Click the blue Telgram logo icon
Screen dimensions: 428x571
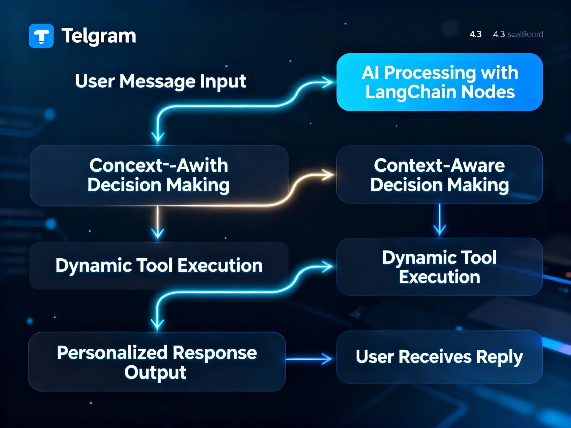point(41,36)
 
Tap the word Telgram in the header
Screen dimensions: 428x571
point(99,36)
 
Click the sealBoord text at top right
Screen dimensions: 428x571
point(525,34)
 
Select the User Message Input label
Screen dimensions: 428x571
point(160,81)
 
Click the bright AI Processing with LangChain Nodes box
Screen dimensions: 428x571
point(439,82)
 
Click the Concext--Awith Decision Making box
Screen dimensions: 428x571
point(159,176)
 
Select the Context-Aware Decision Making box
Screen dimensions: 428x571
point(439,175)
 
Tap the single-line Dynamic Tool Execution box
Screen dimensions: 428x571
point(159,265)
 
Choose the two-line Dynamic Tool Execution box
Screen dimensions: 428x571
point(439,267)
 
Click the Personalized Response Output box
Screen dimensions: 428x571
point(157,362)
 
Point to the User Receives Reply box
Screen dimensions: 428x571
point(439,357)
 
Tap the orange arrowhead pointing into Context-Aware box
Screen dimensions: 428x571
point(328,175)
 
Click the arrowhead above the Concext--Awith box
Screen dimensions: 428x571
point(158,137)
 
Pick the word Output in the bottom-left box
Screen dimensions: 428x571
point(155,372)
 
